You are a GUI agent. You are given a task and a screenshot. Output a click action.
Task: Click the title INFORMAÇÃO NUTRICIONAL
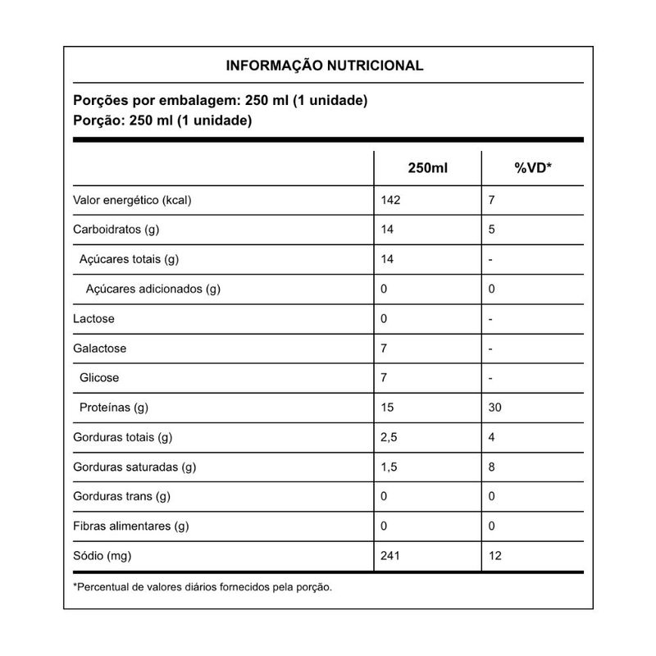point(325,66)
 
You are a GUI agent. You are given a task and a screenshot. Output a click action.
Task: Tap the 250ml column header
point(428,168)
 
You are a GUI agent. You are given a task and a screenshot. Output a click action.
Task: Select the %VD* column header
point(533,168)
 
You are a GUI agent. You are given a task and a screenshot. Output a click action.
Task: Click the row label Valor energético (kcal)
point(137,201)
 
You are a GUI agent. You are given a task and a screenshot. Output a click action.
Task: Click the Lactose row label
point(94,319)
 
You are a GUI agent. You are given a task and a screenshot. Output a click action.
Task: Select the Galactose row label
point(100,348)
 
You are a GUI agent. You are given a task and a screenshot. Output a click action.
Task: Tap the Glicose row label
point(99,378)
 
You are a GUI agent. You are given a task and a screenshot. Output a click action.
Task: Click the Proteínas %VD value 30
point(494,408)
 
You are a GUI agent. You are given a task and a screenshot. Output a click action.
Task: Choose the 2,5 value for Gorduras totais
point(389,437)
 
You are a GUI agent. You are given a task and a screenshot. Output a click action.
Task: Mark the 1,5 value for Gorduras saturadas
point(389,467)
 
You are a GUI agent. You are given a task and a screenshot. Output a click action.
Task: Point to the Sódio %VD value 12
point(494,556)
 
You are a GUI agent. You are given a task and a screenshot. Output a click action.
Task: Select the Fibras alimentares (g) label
point(131,526)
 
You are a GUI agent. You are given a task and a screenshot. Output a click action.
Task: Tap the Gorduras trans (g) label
point(121,496)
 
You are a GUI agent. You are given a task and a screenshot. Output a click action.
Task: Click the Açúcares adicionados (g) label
point(153,289)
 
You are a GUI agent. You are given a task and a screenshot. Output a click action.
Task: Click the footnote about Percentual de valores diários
point(203,586)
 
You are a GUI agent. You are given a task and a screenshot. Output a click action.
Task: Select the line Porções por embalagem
point(220,102)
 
